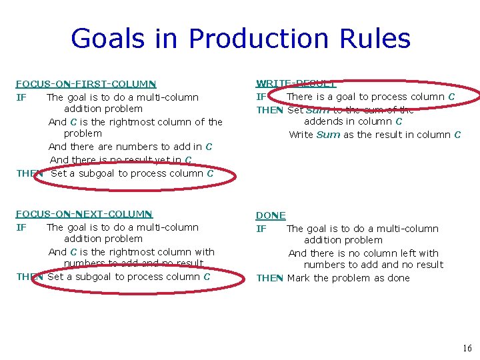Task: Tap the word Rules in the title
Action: pos(377,39)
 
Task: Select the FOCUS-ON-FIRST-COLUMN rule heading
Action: pos(86,84)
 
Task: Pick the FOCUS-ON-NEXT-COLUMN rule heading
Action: pos(84,214)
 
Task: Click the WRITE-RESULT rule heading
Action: pos(296,83)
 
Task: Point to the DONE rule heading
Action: pos(271,215)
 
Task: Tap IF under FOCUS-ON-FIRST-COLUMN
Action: pos(21,97)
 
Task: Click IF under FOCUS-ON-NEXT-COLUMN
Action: pos(21,227)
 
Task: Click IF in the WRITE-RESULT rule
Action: pos(261,97)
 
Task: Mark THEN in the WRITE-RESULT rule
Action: pos(269,110)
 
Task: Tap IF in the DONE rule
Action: pos(261,229)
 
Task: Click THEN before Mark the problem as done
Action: pos(269,278)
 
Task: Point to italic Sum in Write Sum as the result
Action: pos(328,135)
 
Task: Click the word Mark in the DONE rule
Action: pos(298,278)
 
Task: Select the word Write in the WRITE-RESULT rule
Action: pos(301,135)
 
